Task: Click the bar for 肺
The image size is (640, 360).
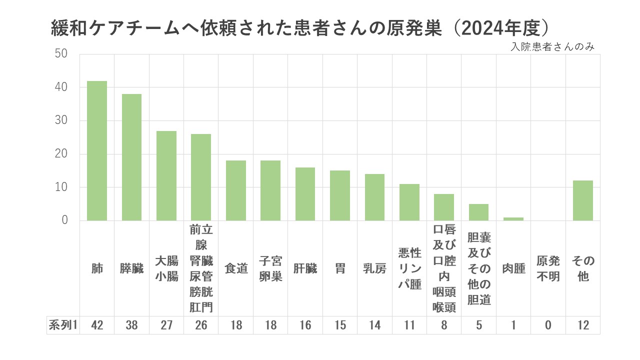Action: pos(97,150)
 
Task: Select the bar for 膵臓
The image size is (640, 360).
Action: pos(131,157)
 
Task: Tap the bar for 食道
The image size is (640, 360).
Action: pos(236,190)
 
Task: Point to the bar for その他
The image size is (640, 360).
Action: pos(583,200)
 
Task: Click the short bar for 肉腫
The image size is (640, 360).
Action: pos(513,219)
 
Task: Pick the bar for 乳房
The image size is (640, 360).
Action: pos(374,197)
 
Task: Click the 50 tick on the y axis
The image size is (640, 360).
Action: pos(61,54)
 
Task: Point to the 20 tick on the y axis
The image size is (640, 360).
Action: pos(61,154)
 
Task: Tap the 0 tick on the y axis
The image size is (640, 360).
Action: pos(64,220)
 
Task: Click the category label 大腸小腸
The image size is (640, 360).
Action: pos(166,268)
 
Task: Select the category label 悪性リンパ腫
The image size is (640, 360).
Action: pos(409,268)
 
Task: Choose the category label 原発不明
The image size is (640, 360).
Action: pos(548,268)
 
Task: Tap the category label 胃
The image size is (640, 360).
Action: pos(340,268)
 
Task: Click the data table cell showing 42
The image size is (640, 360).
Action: pos(97,325)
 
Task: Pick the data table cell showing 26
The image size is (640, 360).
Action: pos(201,325)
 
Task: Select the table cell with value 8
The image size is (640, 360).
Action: pos(444,325)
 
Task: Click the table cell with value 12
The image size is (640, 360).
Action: pos(583,325)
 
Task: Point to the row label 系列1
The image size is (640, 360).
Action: pos(63,325)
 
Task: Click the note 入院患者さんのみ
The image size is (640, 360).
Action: pos(552,47)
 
